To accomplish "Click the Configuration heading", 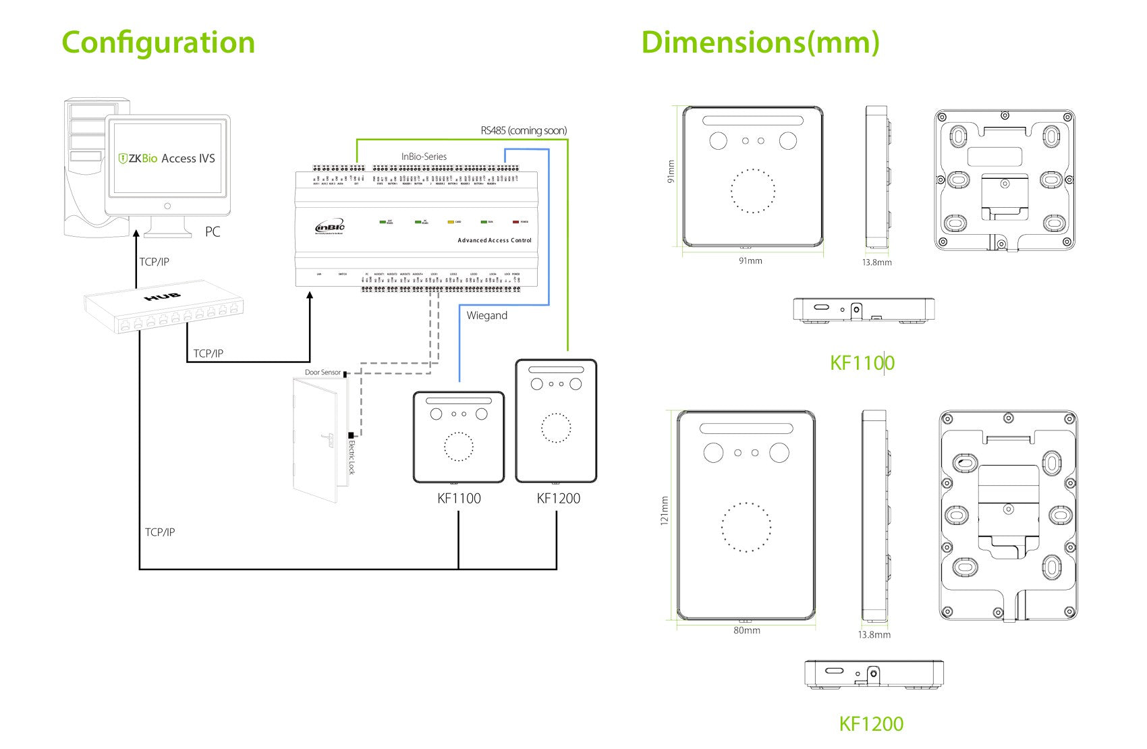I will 158,43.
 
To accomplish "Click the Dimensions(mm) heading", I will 760,43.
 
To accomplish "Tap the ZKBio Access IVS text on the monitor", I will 167,159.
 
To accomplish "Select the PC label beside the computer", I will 213,232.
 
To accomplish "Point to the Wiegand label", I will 486,316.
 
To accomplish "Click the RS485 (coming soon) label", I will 524,131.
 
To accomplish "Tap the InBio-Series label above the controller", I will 424,157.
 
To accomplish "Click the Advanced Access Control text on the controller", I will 495,240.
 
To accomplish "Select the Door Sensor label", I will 323,372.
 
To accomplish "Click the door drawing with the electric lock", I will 316,439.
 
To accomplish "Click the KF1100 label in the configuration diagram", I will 459,499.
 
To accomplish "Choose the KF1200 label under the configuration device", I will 558,499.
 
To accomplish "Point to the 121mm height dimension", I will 665,511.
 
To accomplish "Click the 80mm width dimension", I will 747,630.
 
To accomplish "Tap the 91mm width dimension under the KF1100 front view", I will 750,260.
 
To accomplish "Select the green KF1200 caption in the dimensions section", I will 871,724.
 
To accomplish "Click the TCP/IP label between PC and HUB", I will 154,262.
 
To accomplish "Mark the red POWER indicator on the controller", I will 516,221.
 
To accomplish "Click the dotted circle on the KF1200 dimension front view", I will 746,527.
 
